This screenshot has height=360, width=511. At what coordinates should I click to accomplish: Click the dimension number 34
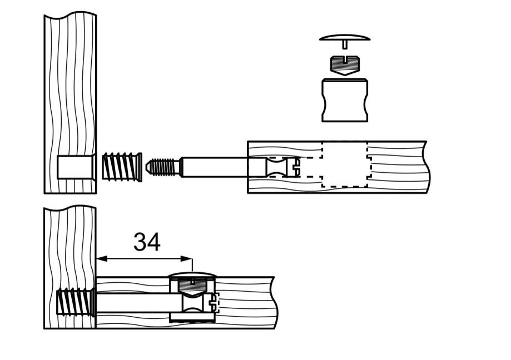click(x=147, y=242)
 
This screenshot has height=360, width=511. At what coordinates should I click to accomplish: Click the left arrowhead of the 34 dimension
click(x=102, y=259)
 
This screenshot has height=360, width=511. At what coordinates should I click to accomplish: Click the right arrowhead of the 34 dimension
click(x=186, y=259)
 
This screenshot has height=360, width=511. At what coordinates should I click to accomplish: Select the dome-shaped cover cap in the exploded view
click(x=345, y=37)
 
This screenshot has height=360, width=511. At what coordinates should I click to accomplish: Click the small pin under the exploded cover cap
click(x=345, y=44)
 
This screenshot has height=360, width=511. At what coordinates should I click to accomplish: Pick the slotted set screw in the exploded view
click(x=345, y=66)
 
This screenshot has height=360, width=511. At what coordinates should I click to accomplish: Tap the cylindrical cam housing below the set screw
click(x=345, y=100)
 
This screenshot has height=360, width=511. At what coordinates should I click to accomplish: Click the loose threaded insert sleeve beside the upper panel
click(x=122, y=167)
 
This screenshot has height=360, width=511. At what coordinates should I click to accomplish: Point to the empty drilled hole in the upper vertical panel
click(x=77, y=167)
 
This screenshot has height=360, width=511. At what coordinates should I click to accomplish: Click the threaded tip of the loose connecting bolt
click(x=162, y=167)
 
